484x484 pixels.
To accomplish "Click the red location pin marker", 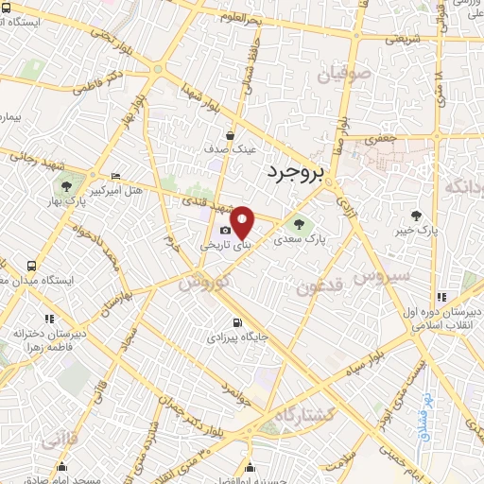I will coord(243,221).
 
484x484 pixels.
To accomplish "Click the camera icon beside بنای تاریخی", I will coord(225,230).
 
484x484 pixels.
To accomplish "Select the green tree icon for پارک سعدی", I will coord(300,224).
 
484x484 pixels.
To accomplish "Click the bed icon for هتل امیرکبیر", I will coord(114,176).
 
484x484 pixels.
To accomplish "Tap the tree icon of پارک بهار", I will coord(66,185).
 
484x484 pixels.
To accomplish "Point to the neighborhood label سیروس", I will coord(381,277).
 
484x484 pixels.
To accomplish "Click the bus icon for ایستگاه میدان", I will coord(33,266).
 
